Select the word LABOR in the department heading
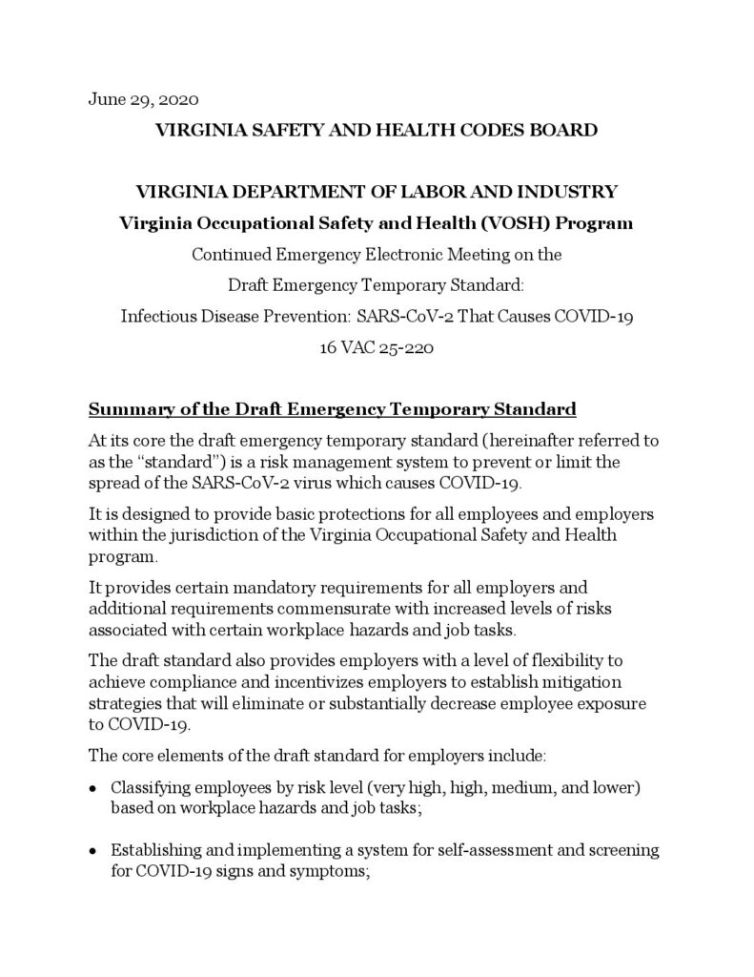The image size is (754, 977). [449, 191]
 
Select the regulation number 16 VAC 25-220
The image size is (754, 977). [377, 348]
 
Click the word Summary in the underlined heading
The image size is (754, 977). [125, 410]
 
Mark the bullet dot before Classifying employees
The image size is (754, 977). [92, 788]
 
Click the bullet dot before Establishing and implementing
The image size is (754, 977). [92, 850]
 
